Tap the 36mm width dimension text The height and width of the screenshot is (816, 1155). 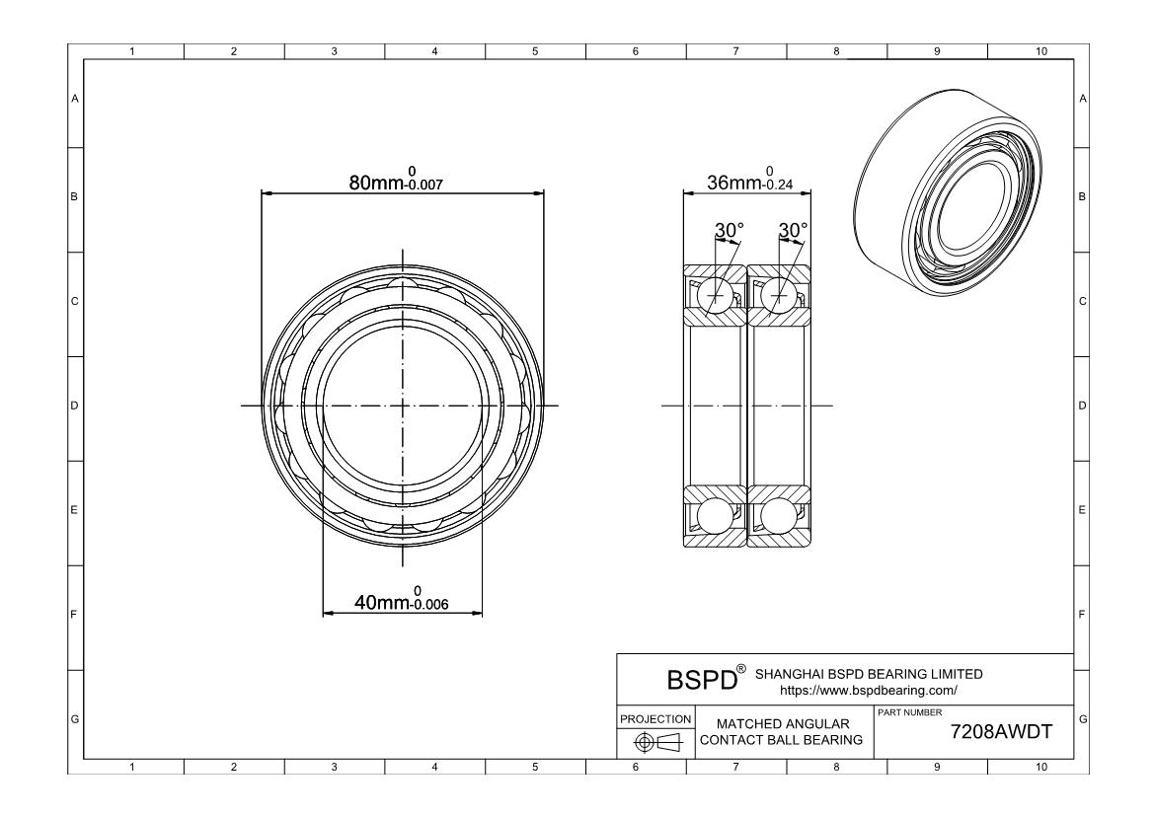tap(750, 179)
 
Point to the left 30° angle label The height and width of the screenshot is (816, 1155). tap(730, 231)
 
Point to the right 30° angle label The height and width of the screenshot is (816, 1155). tap(794, 231)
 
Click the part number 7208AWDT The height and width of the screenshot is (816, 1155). tap(1001, 731)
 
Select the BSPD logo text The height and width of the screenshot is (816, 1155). tap(702, 680)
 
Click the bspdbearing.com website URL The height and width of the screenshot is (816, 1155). tap(869, 690)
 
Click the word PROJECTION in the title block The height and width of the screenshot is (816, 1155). tap(655, 718)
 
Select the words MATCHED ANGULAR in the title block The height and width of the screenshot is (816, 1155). tap(783, 723)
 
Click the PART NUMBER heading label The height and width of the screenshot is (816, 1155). tap(910, 712)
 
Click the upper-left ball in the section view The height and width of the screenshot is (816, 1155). tap(716, 295)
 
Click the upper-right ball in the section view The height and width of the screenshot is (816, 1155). tap(779, 295)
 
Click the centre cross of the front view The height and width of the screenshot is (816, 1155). tap(403, 406)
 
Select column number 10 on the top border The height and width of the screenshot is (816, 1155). tap(1040, 51)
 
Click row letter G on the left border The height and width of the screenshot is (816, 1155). tap(74, 718)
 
